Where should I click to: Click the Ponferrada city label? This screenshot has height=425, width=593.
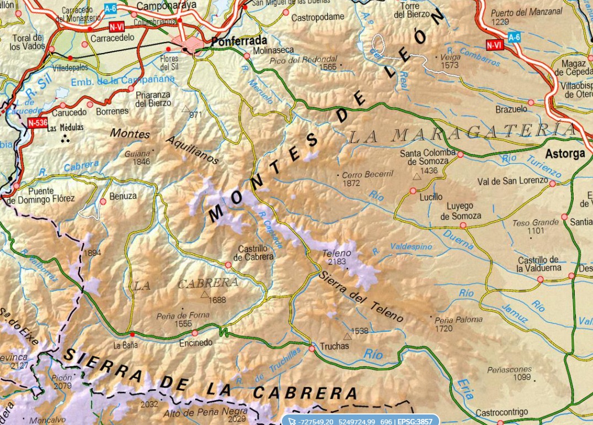tap(238, 41)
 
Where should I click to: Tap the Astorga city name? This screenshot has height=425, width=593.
tap(565, 154)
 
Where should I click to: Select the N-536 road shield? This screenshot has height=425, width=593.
tap(38, 123)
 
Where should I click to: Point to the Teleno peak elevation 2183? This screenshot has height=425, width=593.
tap(336, 261)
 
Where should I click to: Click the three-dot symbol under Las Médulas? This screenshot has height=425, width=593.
tap(65, 138)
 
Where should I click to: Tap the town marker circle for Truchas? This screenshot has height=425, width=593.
tap(312, 348)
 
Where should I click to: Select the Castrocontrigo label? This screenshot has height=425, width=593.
tap(501, 412)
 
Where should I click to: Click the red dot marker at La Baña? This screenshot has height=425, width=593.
tap(131, 334)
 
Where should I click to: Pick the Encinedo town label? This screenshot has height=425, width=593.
tap(195, 343)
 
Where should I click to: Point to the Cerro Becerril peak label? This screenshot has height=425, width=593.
tap(367, 175)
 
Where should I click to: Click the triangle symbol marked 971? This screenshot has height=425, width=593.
tap(186, 109)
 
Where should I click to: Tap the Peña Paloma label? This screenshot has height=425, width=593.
tap(458, 319)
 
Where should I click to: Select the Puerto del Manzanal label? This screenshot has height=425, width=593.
tap(519, 12)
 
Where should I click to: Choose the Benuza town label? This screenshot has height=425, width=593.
tap(122, 196)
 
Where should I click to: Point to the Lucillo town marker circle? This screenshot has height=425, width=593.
tap(413, 191)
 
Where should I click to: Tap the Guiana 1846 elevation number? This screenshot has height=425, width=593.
tap(141, 162)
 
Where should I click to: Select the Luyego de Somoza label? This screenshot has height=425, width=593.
tap(461, 211)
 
